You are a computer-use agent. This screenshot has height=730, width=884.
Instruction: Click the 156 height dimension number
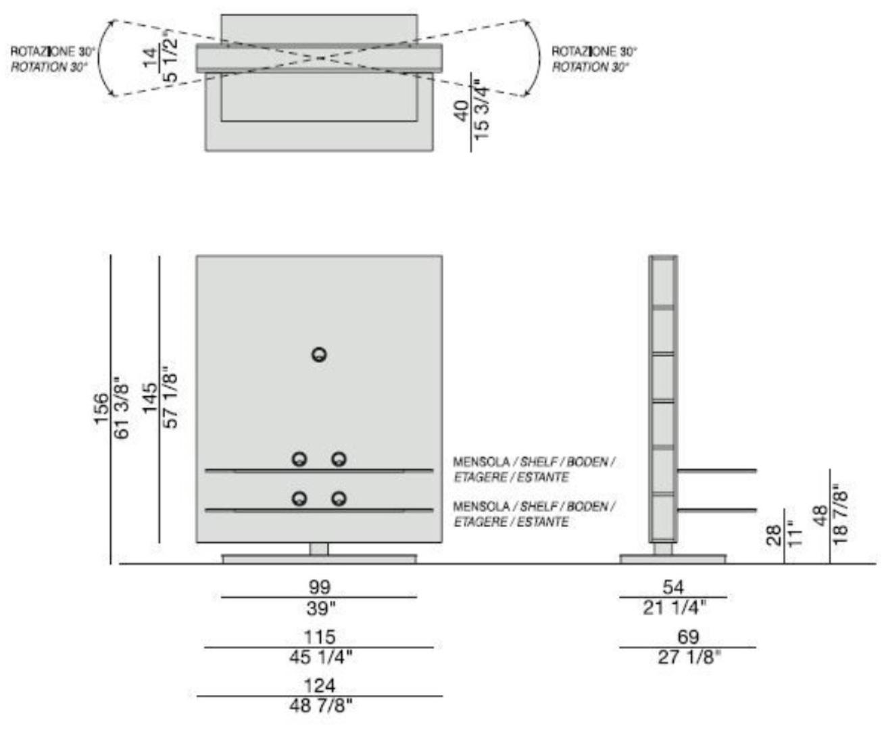point(101,408)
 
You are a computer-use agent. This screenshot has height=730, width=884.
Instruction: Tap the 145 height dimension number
point(150,398)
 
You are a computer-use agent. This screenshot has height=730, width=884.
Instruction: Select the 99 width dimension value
point(319,587)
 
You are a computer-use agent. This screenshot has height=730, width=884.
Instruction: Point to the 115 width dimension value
point(319,637)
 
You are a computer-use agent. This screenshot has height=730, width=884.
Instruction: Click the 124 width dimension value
point(319,685)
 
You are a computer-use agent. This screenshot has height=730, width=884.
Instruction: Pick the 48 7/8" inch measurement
point(320,706)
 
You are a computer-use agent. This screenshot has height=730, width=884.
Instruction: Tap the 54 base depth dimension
point(673,587)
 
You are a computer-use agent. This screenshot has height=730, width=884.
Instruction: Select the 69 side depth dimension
point(688,637)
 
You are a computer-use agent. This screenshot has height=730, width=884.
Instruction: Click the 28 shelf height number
point(775,536)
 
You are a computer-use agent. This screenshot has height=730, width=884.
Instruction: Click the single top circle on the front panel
point(319,355)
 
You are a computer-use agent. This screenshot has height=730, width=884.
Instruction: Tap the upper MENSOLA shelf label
point(534,469)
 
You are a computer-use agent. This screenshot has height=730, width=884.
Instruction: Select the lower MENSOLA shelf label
point(534,514)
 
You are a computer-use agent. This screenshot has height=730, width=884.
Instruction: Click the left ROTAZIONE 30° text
point(53,51)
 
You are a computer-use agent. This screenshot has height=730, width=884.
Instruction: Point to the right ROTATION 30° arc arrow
point(533,58)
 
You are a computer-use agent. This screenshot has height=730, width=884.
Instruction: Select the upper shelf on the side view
point(716,470)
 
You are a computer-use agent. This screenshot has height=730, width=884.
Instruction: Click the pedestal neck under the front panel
point(319,549)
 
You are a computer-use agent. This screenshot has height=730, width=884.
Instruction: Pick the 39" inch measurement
point(320,608)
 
